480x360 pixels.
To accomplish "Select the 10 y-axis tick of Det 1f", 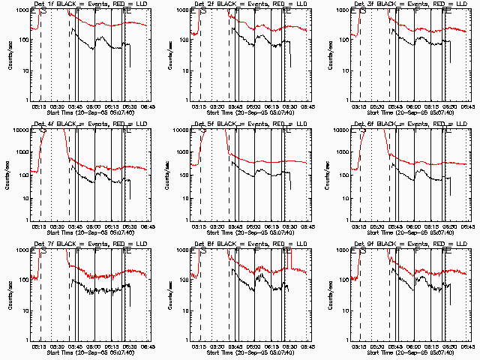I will (x=23, y=70).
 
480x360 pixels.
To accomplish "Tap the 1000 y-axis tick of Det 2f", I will (x=182, y=11).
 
